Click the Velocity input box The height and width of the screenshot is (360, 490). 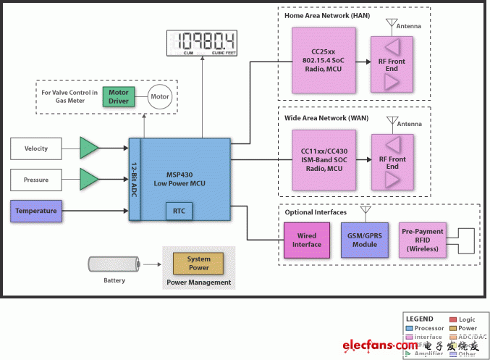pyautogui.click(x=35, y=148)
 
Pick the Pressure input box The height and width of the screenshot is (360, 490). pyautogui.click(x=35, y=178)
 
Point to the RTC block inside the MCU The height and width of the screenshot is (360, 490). pyautogui.click(x=178, y=211)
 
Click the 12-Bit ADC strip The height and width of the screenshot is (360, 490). pyautogui.click(x=134, y=178)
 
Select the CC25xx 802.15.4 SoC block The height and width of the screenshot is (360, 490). pyautogui.click(x=324, y=59)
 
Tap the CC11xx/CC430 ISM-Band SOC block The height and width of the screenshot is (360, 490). pyautogui.click(x=324, y=160)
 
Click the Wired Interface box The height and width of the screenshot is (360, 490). pyautogui.click(x=307, y=240)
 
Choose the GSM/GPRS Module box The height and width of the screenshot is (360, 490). pyautogui.click(x=365, y=240)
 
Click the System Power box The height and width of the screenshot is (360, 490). pyautogui.click(x=198, y=263)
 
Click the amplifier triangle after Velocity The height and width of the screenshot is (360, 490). pyautogui.click(x=89, y=148)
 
